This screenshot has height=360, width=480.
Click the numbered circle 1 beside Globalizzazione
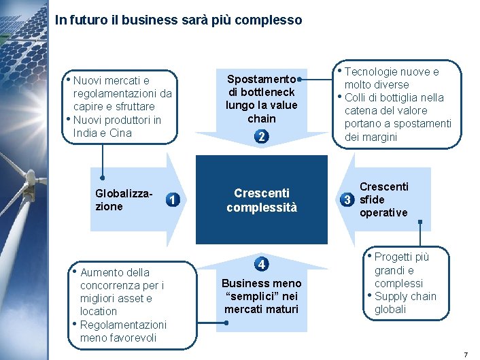(x=175, y=200)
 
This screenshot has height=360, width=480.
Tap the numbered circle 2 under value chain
(x=262, y=137)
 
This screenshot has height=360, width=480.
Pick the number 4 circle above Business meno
(x=262, y=264)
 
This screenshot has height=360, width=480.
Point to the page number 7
(x=466, y=354)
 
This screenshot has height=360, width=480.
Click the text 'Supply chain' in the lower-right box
(x=405, y=296)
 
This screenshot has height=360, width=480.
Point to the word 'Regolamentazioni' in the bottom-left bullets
(x=123, y=325)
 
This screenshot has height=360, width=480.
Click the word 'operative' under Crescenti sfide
(x=383, y=212)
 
